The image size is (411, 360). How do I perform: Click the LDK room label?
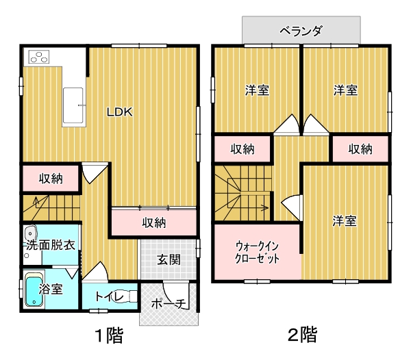click(119, 112)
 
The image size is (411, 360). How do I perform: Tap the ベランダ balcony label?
click(301, 31)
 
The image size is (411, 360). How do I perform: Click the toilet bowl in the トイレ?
click(126, 296)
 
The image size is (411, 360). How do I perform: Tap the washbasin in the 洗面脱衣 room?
click(31, 233)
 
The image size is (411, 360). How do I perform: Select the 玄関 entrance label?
click(169, 259)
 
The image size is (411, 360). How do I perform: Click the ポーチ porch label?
click(169, 303)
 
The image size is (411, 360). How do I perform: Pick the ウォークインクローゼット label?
click(257, 253)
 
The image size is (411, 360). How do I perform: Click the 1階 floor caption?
click(109, 335)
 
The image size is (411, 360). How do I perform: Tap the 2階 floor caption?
click(302, 335)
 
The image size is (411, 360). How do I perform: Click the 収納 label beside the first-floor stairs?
click(51, 179)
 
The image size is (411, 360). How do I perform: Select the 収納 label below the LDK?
click(154, 222)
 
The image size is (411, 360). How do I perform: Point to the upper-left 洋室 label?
click(257, 90)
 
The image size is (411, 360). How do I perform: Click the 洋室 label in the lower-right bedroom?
click(345, 220)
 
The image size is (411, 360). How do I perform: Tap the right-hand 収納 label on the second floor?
click(360, 149)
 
